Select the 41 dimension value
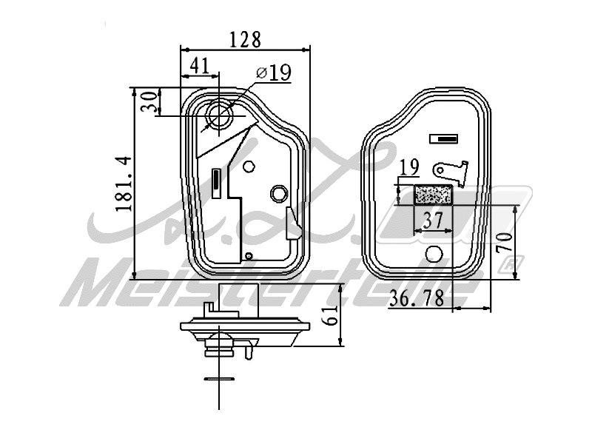click(x=198, y=65)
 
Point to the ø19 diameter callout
click(x=273, y=73)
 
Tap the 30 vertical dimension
click(x=150, y=101)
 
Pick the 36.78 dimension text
click(x=416, y=298)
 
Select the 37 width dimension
click(x=433, y=220)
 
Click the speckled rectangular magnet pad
click(x=434, y=195)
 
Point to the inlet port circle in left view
click(x=221, y=115)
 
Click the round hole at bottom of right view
click(x=435, y=255)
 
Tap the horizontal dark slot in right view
click(x=445, y=138)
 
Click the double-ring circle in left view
click(x=279, y=193)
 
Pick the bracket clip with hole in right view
click(x=452, y=171)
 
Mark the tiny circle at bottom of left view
click(x=249, y=257)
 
